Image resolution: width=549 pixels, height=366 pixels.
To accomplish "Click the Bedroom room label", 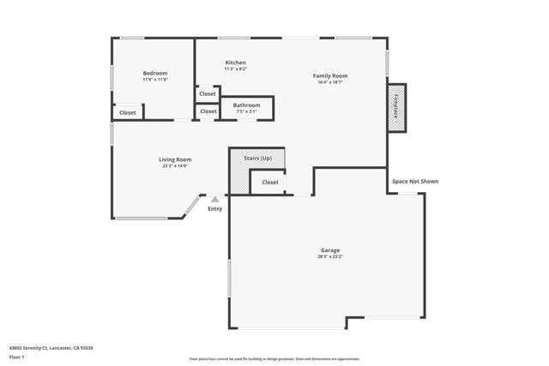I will [155, 73].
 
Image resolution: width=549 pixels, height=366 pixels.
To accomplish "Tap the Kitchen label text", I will [235, 63].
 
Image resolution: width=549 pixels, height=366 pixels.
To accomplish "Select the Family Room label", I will [329, 75].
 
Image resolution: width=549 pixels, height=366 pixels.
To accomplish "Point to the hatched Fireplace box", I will [396, 107].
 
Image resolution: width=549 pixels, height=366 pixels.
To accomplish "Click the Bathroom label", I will [246, 105].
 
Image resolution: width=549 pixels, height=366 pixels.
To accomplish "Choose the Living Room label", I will [175, 159].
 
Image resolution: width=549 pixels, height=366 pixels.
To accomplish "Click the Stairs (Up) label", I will [257, 158].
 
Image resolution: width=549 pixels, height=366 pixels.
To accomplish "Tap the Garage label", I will [330, 250].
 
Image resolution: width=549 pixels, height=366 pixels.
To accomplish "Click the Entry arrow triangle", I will [214, 200].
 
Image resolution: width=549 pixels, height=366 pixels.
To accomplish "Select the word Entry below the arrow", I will [214, 208].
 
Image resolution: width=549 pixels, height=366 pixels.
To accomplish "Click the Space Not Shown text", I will [415, 181].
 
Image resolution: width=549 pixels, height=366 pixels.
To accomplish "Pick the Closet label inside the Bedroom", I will [127, 112].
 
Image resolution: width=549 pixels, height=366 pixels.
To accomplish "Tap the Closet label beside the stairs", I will [270, 182].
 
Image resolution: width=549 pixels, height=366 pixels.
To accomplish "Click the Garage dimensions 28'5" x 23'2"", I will [330, 257].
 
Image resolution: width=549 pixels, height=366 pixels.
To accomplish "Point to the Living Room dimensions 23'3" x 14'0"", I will [175, 166].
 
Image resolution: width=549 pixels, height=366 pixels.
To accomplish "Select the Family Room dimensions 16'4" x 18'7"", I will [329, 82].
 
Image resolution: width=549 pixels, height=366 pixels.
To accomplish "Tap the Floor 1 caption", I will [16, 357].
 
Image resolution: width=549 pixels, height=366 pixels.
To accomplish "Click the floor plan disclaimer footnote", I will [274, 359].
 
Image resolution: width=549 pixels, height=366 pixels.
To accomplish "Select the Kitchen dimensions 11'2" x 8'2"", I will [235, 69].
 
